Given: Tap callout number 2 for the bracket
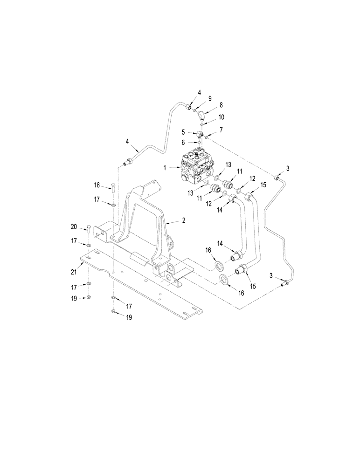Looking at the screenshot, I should pos(184,220).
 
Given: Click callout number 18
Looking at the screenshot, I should pos(97,185).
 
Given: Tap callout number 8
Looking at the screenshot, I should pos(221,105).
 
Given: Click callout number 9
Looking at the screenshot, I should pos(210,98).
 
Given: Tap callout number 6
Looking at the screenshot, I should pos(184,142).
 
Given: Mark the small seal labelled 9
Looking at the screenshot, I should pos(195,110).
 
